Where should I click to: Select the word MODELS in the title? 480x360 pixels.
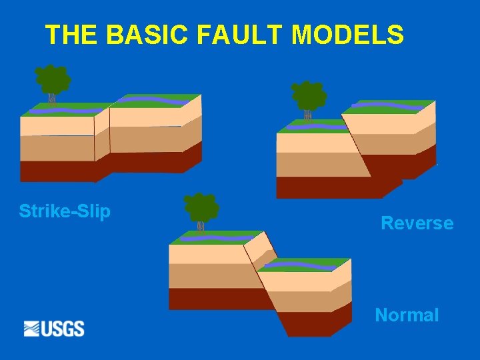(x=347, y=35)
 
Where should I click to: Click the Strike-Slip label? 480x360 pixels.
(x=65, y=211)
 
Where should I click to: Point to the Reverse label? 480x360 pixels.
(x=417, y=223)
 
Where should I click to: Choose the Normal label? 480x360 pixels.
(x=407, y=315)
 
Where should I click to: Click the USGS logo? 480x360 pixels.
(x=54, y=329)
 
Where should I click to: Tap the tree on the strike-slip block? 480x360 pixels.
(x=53, y=80)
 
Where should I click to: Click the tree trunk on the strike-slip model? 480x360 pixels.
(x=52, y=100)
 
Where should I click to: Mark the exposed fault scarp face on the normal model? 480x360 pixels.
(x=260, y=250)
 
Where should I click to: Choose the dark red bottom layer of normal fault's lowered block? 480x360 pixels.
(x=313, y=323)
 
